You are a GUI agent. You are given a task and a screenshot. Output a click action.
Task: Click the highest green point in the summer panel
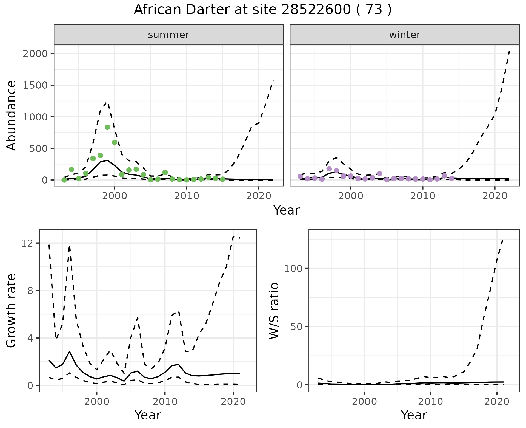click(107, 127)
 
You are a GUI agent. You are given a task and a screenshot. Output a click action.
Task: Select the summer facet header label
click(168, 35)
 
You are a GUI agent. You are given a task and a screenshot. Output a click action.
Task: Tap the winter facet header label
click(405, 35)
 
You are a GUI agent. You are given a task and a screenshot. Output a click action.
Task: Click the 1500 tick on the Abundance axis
click(35, 85)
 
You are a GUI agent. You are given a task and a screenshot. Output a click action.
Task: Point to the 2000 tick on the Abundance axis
click(35, 54)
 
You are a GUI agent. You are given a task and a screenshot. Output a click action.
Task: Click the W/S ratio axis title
click(274, 311)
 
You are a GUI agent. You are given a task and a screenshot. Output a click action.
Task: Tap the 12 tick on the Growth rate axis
click(26, 243)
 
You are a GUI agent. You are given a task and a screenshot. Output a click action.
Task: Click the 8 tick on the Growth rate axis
click(30, 291)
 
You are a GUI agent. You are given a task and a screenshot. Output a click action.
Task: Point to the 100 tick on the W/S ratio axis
click(293, 268)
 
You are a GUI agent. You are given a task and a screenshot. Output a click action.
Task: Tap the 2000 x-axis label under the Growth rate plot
click(96, 402)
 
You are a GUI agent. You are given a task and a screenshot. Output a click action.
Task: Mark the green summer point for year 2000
click(115, 142)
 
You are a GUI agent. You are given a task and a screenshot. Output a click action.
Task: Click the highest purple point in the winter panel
click(329, 169)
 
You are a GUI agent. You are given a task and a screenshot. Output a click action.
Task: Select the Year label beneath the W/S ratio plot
click(414, 415)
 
